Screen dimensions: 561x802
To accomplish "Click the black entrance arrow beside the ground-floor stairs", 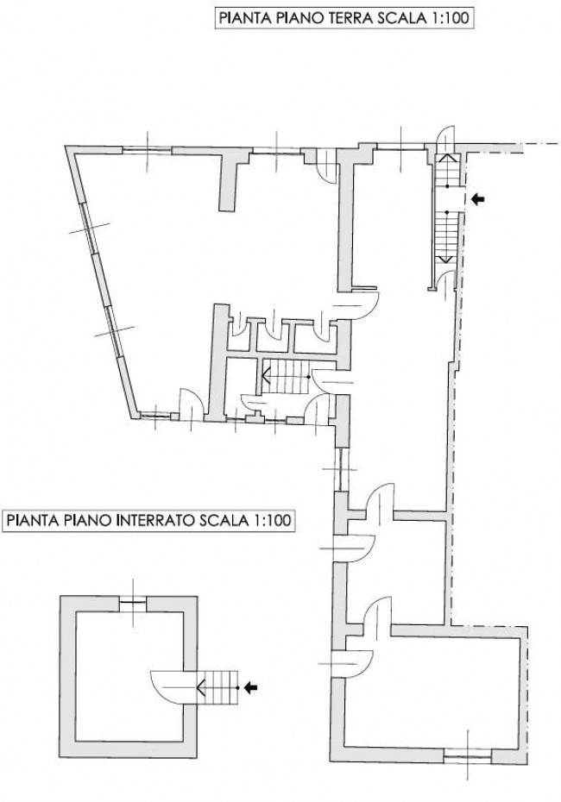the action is pos(477,199).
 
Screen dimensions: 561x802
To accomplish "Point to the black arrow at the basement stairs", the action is pos(250,688).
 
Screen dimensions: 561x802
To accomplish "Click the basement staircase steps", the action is pos(218,688).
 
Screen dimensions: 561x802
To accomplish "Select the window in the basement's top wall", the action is pos(133,603).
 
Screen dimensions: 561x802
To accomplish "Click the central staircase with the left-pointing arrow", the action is pos(285,377).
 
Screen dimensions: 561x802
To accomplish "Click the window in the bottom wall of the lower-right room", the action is pos(467,756).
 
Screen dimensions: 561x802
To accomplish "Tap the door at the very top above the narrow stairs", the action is pos(445,138).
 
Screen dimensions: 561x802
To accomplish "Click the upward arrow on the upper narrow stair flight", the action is pos(447,169).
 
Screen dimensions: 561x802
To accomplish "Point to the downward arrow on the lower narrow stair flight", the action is pos(447,241).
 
